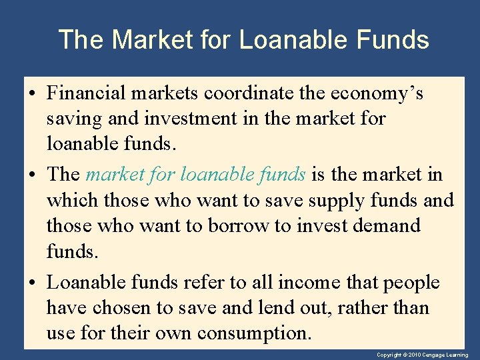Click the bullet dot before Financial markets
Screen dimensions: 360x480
pyautogui.click(x=33, y=94)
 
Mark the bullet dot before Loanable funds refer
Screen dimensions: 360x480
pyautogui.click(x=33, y=283)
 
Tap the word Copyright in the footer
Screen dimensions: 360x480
pyautogui.click(x=390, y=355)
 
